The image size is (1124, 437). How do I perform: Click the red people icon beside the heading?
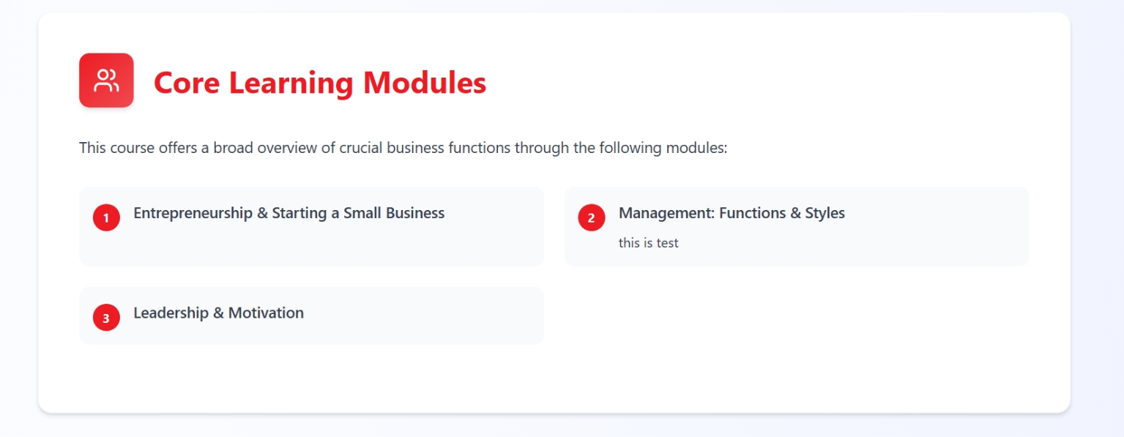pos(106,81)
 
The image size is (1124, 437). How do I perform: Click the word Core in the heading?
pos(187,83)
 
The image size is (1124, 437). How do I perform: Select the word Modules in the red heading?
pos(425,83)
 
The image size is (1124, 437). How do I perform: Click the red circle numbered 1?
pos(106,217)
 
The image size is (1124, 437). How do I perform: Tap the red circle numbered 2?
pos(592,217)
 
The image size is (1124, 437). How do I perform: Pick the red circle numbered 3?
pos(106,318)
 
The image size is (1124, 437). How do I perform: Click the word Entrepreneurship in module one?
pos(193,214)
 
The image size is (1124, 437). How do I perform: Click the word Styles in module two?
pos(825,214)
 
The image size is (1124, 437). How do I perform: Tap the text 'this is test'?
pos(648,243)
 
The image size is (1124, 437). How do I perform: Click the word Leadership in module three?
pos(171,313)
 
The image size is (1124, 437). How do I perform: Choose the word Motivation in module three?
pos(266,313)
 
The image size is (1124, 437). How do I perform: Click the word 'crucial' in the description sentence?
pos(361,148)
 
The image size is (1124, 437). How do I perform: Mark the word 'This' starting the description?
pos(92,148)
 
